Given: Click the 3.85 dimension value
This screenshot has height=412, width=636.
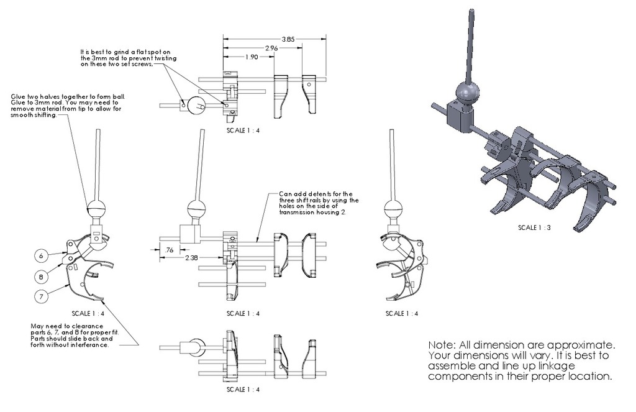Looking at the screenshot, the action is coord(288,39).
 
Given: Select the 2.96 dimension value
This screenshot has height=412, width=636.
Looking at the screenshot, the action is coord(271,48).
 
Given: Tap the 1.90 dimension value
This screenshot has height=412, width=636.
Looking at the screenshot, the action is coord(252,57).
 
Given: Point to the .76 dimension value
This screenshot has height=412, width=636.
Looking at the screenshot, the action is coord(169,250).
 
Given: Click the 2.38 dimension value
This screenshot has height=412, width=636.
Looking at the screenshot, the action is coord(191,257).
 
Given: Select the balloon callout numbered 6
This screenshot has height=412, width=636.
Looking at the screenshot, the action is coord(41,256).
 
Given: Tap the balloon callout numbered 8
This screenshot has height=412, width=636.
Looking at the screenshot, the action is coord(41,277).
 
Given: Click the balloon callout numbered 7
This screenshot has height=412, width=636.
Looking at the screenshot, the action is coord(41,296).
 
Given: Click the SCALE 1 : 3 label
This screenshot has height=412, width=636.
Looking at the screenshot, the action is coord(534,227).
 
